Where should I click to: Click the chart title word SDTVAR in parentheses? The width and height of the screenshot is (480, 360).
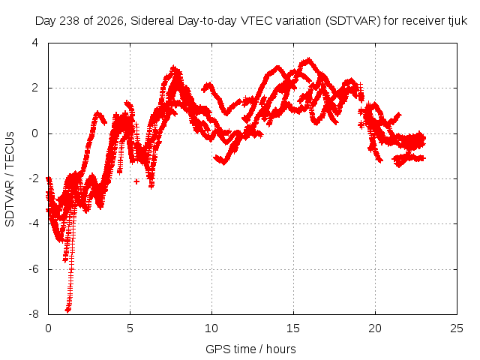[353, 21]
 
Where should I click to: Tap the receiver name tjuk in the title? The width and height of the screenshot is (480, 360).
[458, 21]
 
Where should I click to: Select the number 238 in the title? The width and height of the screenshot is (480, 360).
[70, 21]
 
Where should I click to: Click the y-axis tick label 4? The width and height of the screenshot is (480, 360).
[35, 43]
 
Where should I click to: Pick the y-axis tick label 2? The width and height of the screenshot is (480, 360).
[35, 88]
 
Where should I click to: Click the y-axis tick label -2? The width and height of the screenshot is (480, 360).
[34, 178]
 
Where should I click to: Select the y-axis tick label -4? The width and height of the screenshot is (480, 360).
[34, 223]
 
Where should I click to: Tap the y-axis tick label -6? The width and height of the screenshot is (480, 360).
[34, 269]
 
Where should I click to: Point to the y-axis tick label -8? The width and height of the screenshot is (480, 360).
[34, 314]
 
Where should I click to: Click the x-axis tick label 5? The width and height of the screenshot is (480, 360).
[130, 328]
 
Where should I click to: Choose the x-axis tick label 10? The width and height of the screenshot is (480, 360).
[211, 328]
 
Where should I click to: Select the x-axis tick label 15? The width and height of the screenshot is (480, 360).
[293, 328]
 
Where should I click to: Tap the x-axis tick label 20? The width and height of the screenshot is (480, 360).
[375, 328]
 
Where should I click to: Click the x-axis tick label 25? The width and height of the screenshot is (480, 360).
[457, 328]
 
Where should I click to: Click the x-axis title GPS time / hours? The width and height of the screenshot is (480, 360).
[250, 349]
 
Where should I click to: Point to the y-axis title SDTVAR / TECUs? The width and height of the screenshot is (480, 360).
[10, 179]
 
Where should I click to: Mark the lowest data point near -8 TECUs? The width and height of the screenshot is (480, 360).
[67, 310]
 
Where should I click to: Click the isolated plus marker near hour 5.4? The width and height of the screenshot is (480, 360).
[136, 181]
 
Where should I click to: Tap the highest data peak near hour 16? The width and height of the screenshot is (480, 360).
[309, 60]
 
